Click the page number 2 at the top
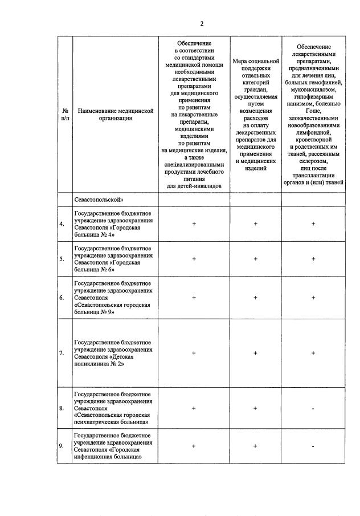pos(201,23)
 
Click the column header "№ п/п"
pos(65,114)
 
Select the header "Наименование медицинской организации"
pos(116,114)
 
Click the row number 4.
pos(62,224)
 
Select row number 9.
pos(62,446)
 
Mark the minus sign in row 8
pos(313,408)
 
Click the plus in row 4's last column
pos(313,224)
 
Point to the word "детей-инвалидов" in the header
pos(194,186)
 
